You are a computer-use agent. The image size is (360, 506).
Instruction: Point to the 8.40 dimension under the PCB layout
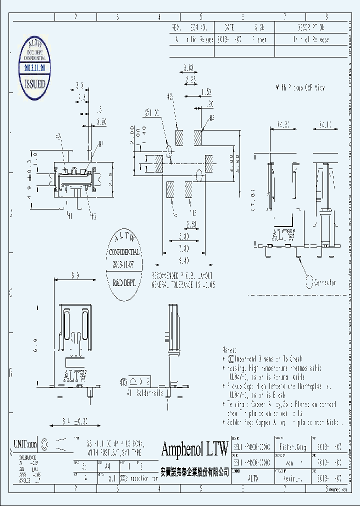pyautogui.click(x=184, y=260)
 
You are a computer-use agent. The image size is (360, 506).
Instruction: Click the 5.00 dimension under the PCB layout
pyautogui.click(x=184, y=236)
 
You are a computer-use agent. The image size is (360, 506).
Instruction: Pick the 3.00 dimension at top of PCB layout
pyautogui.click(x=188, y=67)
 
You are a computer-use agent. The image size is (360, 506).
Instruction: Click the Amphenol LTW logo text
pyautogui.click(x=194, y=448)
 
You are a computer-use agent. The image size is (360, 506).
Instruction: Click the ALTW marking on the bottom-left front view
pyautogui.click(x=73, y=375)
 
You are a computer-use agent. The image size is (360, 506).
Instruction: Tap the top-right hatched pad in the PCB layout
pyautogui.click(x=198, y=138)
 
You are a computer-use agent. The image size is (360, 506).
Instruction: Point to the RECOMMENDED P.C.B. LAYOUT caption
pyautogui.click(x=183, y=276)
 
